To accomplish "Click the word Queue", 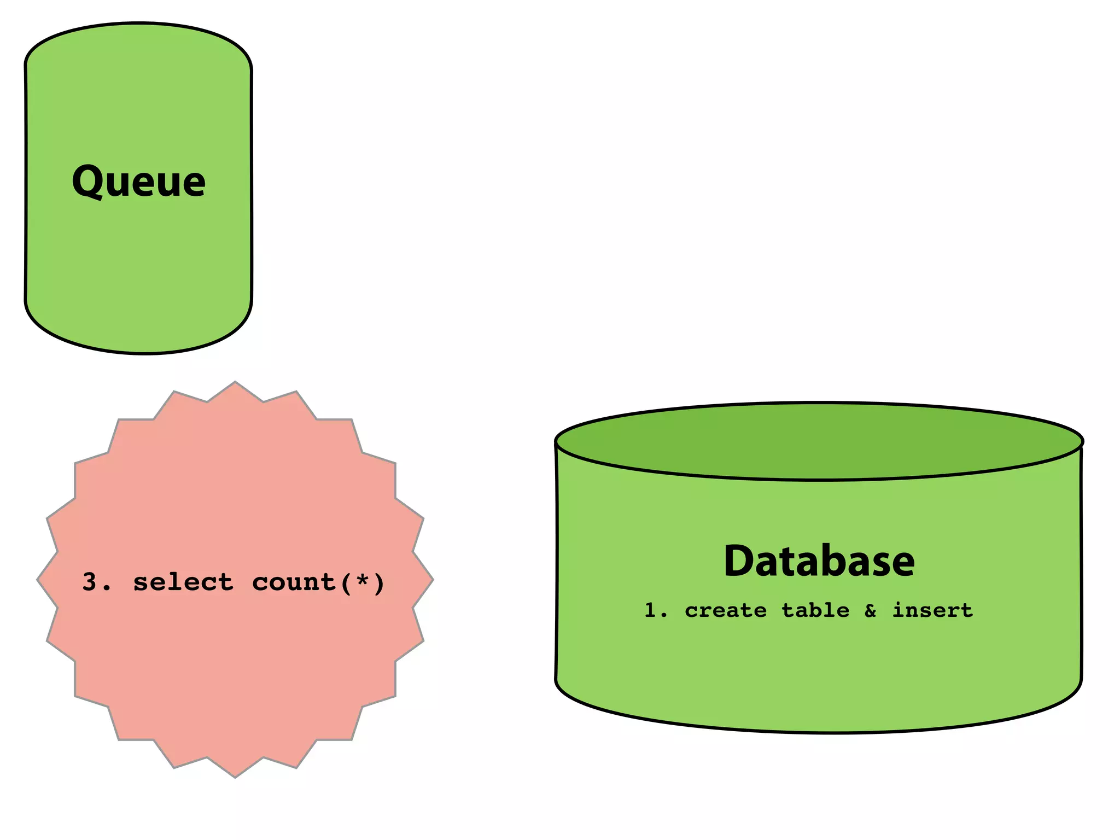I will (139, 182).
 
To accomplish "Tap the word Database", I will (819, 561).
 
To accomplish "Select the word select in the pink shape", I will (183, 582).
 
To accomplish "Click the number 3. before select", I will (96, 582).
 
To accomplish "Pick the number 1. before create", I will (655, 610).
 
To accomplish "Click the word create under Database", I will (726, 610).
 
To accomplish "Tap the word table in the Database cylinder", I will (815, 610).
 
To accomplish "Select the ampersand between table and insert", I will (871, 610).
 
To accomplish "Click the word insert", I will (932, 610).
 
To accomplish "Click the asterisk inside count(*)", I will (362, 580).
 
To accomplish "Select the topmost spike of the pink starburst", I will (235, 385).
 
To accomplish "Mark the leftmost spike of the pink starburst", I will (40, 580).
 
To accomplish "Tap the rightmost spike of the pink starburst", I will (430, 580).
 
